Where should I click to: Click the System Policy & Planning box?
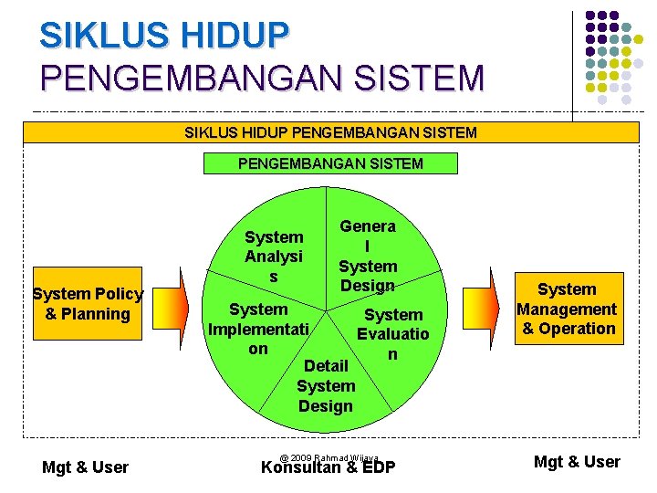[x=88, y=304]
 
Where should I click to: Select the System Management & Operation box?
[x=567, y=309]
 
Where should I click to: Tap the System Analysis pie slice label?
[x=274, y=257]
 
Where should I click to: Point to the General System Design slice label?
[x=368, y=256]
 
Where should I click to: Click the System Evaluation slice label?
[x=393, y=334]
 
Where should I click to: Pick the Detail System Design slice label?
[x=326, y=385]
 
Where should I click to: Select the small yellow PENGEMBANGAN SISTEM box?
[x=330, y=164]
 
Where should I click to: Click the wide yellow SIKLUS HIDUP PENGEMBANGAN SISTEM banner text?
[x=330, y=133]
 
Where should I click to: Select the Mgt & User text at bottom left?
[x=85, y=467]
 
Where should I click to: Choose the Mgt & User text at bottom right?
[x=577, y=462]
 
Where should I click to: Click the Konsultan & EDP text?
[x=328, y=468]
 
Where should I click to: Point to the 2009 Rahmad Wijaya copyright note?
[x=328, y=457]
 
